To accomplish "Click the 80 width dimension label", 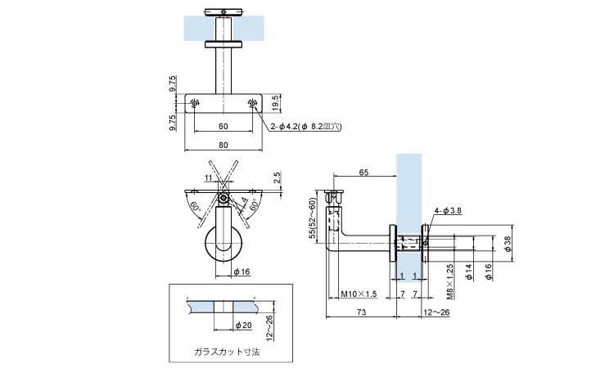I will click(x=223, y=145).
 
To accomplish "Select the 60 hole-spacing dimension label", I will click(x=223, y=127).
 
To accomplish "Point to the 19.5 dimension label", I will click(x=278, y=102).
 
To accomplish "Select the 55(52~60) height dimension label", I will click(x=313, y=218).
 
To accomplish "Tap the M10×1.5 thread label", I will click(x=358, y=293).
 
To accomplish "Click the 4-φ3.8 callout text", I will click(x=449, y=211).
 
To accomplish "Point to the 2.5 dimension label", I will click(x=278, y=176).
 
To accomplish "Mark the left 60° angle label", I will click(x=196, y=206).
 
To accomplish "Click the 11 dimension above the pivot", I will click(x=208, y=177).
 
